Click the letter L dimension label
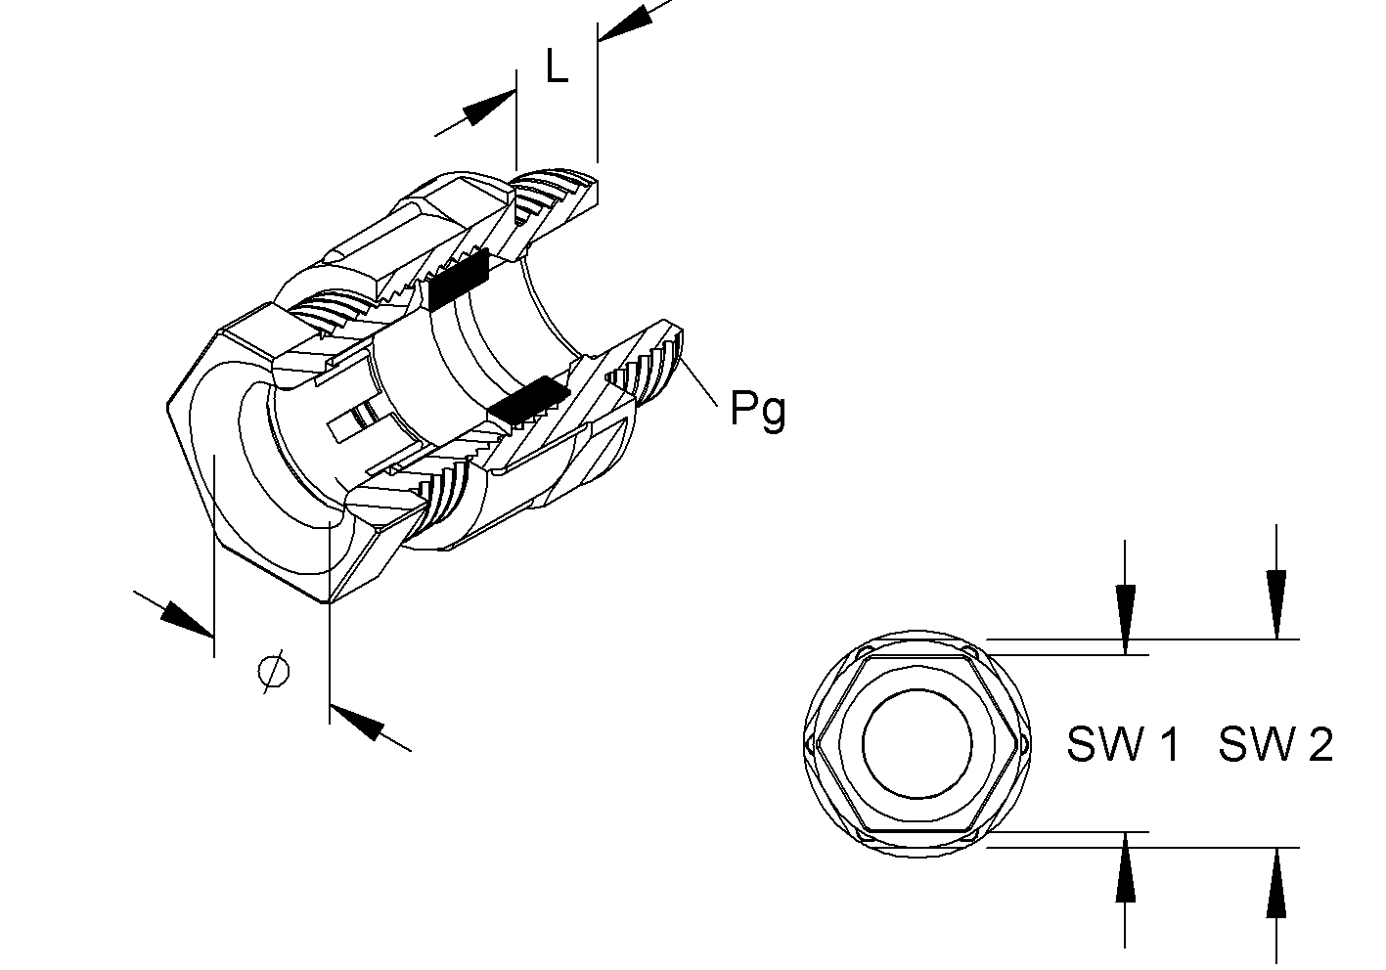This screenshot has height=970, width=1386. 557,66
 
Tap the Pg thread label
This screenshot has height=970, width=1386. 758,410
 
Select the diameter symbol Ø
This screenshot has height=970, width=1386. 273,671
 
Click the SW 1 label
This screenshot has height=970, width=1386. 1122,744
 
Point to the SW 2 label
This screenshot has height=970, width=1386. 1275,744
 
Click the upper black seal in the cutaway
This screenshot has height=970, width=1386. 459,280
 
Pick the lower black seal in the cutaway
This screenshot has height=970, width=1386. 529,400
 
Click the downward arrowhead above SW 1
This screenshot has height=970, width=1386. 1126,619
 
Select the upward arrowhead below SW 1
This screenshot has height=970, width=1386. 1126,867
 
